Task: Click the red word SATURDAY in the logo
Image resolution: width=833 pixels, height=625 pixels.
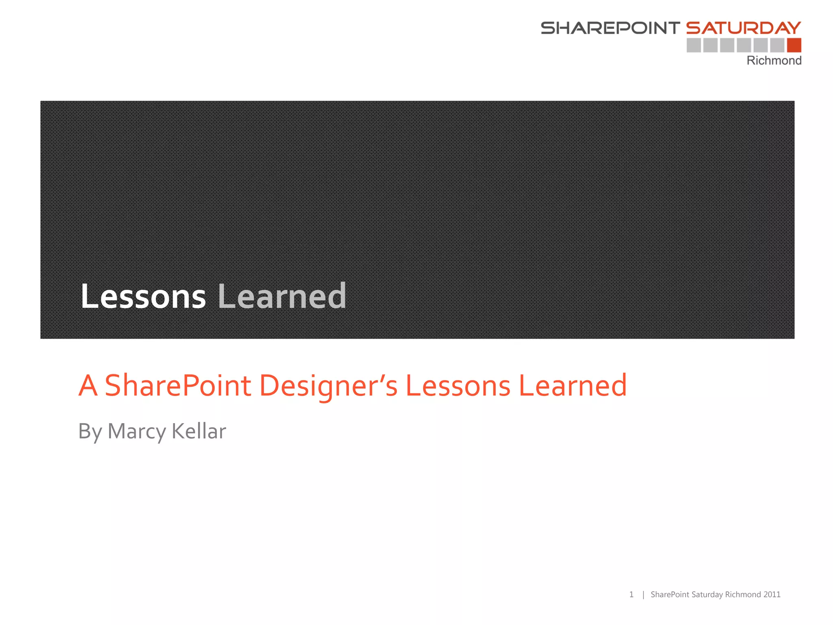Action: click(x=744, y=28)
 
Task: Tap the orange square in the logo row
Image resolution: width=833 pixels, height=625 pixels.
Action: click(x=794, y=45)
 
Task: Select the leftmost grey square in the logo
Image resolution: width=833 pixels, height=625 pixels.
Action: click(x=694, y=45)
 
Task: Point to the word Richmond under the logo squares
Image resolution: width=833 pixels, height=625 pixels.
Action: click(x=774, y=61)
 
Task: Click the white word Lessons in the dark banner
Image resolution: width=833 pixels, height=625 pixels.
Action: click(x=143, y=296)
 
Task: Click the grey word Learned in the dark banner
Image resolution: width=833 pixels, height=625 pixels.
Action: click(x=282, y=296)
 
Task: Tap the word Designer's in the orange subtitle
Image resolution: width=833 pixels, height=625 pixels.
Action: click(x=328, y=385)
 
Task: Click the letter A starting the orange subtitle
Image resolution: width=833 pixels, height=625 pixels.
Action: click(x=88, y=385)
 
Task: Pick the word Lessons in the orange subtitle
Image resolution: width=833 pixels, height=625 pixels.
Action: click(x=458, y=385)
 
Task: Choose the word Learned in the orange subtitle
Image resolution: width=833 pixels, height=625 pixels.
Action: click(x=573, y=385)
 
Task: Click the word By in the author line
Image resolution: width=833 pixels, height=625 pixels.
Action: click(x=90, y=431)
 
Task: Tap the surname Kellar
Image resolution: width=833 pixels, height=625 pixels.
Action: click(x=199, y=431)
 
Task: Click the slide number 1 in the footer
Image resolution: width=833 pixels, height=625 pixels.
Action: click(x=631, y=594)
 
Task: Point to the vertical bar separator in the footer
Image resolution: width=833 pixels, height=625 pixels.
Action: click(x=643, y=595)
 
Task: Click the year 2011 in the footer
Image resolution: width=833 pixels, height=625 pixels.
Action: click(x=772, y=594)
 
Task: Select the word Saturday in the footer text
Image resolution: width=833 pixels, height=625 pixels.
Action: click(x=707, y=594)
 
